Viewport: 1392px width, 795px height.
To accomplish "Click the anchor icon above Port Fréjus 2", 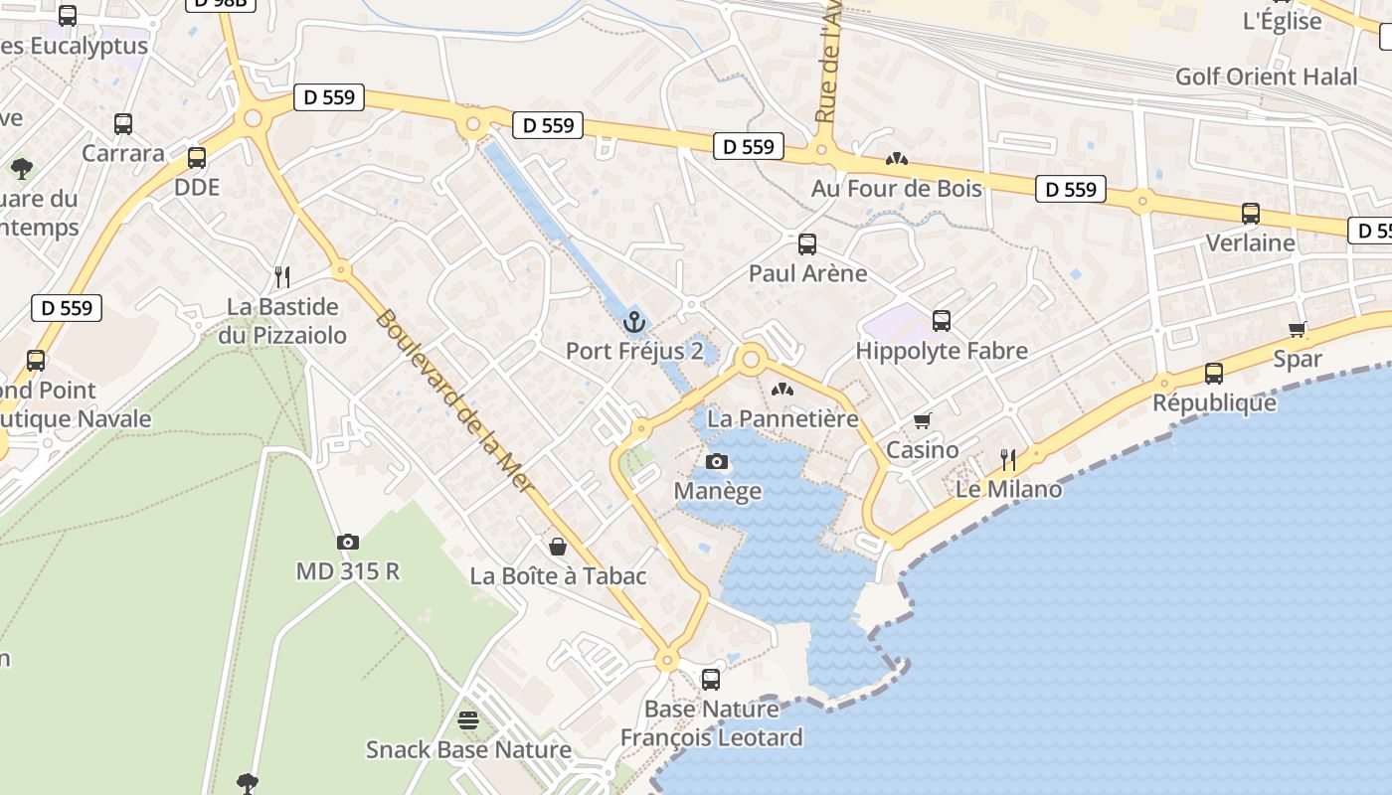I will coord(634,322).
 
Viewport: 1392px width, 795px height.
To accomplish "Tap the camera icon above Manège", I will coord(717,461).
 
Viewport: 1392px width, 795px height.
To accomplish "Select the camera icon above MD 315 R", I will coord(347,542).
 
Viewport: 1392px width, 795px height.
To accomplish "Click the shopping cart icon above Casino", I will coord(923,421).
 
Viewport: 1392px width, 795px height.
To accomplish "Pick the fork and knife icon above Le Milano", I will coord(1008,459).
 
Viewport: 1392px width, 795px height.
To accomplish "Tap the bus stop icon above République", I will coord(1214,374).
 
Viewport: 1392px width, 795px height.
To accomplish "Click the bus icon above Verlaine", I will coord(1251,214).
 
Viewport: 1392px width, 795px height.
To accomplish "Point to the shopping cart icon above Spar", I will coord(1298,330).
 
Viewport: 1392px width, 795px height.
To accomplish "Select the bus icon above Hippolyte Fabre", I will coord(942,321).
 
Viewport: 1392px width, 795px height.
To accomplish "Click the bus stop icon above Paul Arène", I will coord(807,243).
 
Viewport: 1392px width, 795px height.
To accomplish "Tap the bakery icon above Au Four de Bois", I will coord(897,159).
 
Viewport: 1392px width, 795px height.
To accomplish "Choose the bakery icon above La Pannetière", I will coord(783,390).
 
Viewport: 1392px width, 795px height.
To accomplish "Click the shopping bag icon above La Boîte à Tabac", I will coord(558,547).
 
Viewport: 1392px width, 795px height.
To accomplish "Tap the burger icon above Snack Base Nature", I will coord(468,719).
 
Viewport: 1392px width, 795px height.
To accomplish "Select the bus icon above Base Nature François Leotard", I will coord(711,680).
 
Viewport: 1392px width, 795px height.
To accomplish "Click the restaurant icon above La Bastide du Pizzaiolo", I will coord(283,276).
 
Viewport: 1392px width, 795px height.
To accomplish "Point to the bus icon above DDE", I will coord(197,157).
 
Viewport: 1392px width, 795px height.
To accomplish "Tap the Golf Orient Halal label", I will coord(1266,77).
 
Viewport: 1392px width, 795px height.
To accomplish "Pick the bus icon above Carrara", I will coord(123,124).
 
